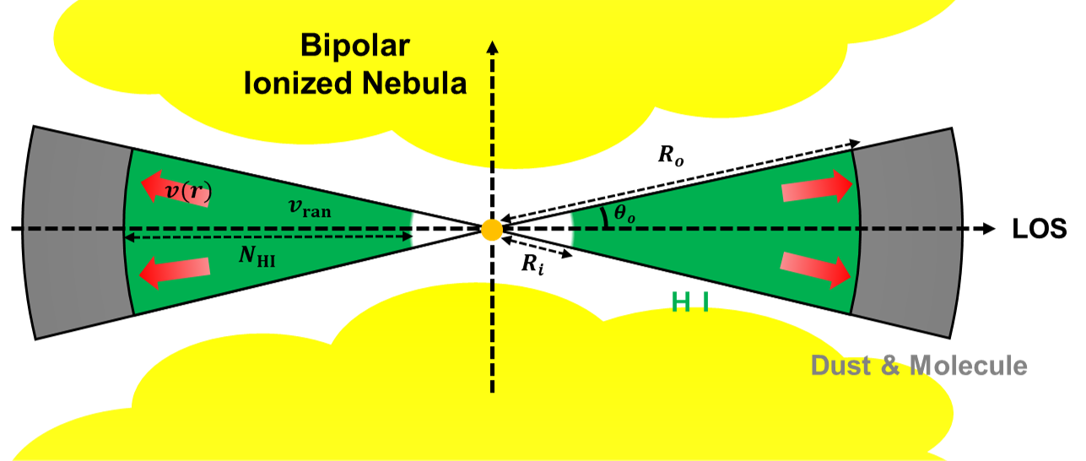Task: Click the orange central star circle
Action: (492, 229)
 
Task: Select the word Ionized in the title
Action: (294, 84)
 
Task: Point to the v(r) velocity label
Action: (187, 193)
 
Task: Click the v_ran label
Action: (310, 209)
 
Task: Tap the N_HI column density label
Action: (257, 257)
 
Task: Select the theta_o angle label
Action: (624, 214)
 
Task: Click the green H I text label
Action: (690, 301)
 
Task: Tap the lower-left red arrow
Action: (174, 271)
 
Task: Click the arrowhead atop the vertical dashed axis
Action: (493, 46)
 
